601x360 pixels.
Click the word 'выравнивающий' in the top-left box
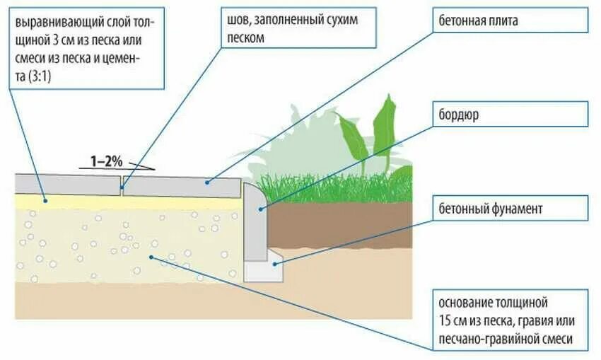point(54,19)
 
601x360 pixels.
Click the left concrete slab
point(67,182)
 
